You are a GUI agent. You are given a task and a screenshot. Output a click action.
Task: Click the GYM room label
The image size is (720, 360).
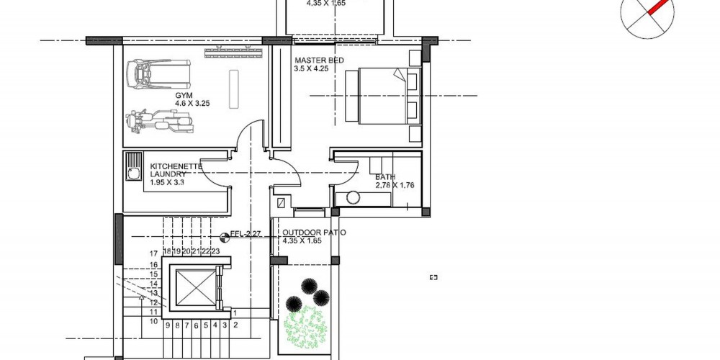(181, 96)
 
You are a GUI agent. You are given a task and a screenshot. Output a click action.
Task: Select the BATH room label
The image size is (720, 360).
(385, 177)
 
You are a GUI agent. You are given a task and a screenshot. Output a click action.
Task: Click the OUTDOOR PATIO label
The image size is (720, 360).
(315, 233)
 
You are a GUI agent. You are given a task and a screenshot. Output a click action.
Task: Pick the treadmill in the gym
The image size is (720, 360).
(159, 75)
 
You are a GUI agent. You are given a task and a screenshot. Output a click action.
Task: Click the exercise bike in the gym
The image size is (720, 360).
(159, 122)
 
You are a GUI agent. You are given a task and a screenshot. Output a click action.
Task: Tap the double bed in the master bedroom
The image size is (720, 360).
(382, 96)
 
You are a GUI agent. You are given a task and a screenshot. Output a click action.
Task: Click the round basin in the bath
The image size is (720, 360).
(353, 198)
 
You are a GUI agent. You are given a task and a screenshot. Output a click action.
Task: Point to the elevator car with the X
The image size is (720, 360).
(196, 288)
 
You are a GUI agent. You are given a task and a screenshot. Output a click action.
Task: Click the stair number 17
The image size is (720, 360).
(154, 253)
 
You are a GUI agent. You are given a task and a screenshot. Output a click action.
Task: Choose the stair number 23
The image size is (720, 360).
(215, 251)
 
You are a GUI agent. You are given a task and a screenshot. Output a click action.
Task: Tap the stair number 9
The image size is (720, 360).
(168, 325)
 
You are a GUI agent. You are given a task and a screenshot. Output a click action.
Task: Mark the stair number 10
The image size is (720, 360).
(154, 321)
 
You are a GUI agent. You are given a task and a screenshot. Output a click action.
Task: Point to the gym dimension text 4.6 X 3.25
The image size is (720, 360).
(192, 104)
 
